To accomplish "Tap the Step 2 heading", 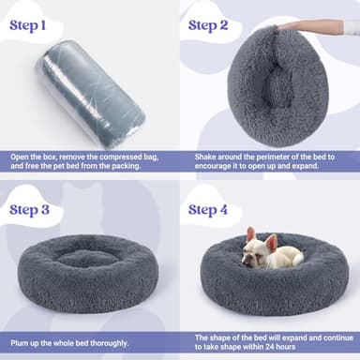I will [x=215, y=23].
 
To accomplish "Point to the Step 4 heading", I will [x=216, y=207].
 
